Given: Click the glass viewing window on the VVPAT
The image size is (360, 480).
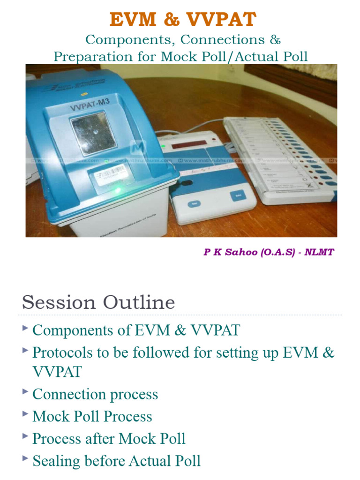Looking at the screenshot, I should coord(92,133).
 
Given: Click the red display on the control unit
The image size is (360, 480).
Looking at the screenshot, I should coord(189,146).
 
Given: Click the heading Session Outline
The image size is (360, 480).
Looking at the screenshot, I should coord(98,302).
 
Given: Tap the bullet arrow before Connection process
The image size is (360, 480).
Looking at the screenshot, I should coord(25,392).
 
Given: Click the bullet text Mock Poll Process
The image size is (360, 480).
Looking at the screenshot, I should coord(92,416).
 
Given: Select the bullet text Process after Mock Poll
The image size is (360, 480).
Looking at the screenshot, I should coord(109,439).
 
